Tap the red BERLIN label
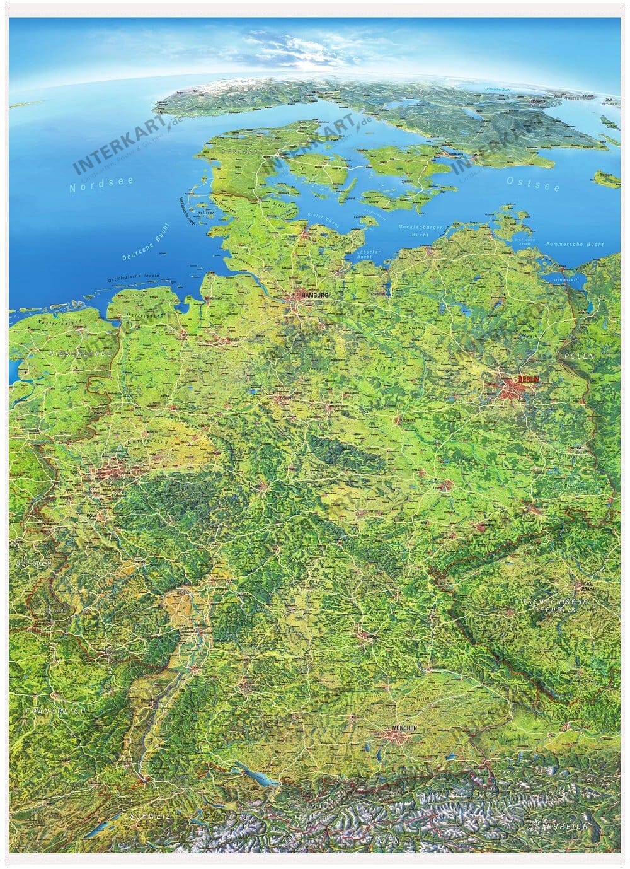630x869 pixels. [528, 380]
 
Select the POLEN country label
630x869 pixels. [579, 357]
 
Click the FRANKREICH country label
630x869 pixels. [55, 710]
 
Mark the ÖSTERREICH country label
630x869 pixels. [558, 825]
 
